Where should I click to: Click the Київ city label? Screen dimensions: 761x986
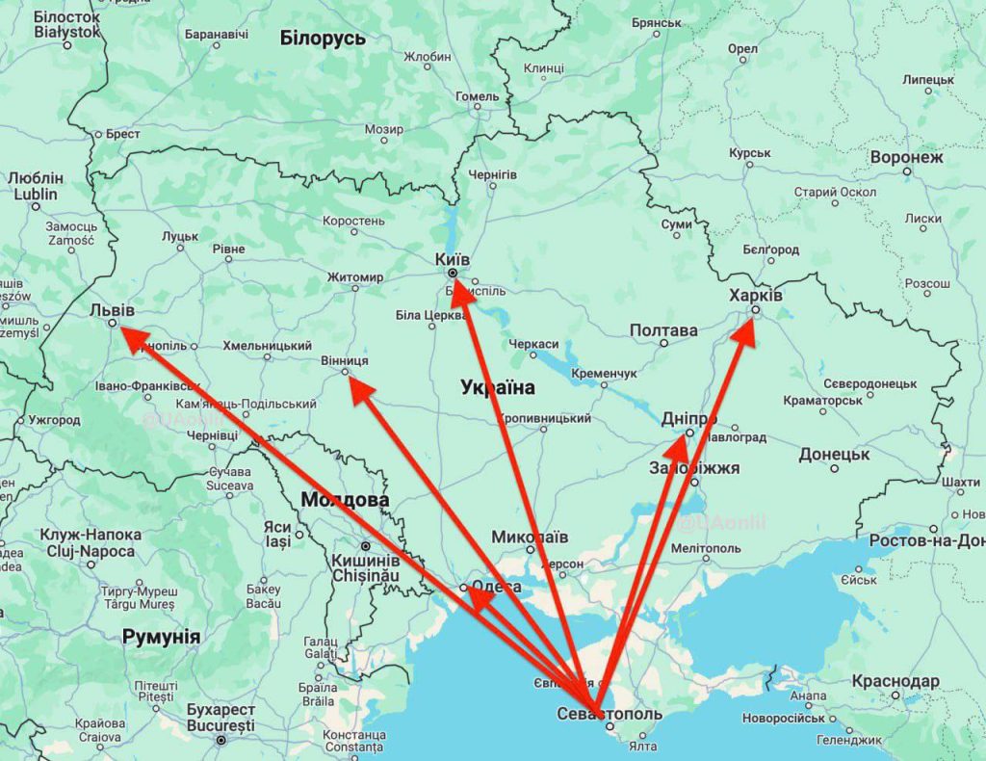point(453,260)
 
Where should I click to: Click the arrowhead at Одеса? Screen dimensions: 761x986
point(479,600)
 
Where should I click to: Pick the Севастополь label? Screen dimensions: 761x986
point(610,714)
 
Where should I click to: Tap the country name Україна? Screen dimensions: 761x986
point(497,387)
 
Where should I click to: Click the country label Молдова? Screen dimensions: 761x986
point(345,500)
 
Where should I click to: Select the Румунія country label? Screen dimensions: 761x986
point(161,637)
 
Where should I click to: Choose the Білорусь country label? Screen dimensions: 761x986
point(323,39)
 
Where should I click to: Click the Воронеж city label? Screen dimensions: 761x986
point(906,156)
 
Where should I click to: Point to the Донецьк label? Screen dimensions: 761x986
point(834,454)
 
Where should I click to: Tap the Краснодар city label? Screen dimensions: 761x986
point(895,681)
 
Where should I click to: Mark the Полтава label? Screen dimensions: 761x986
point(663,330)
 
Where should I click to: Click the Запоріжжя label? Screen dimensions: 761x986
point(695,468)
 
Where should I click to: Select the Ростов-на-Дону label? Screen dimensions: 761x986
point(926,540)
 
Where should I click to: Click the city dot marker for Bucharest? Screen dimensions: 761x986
point(221,740)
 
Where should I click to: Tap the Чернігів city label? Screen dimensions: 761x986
point(492,174)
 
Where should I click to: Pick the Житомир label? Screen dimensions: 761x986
point(355,277)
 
